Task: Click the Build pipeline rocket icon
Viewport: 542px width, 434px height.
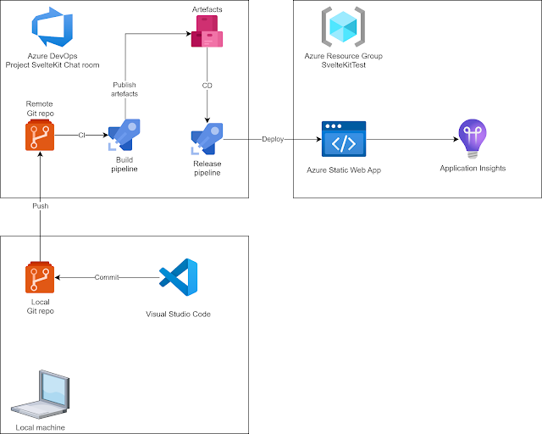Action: pos(124,135)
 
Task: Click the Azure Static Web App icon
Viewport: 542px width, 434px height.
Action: pos(343,141)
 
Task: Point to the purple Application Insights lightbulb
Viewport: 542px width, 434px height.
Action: pos(472,139)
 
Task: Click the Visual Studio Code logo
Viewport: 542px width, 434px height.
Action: pos(179,279)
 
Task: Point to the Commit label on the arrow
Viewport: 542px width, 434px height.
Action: pos(107,277)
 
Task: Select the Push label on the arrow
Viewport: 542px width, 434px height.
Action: pos(40,205)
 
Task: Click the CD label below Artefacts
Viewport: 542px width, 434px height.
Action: pos(207,86)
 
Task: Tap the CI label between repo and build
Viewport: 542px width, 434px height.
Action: pos(81,135)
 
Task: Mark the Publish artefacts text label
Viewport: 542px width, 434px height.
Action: pos(124,90)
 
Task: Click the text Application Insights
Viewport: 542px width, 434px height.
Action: pos(473,169)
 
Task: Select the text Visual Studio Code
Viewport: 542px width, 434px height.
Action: pos(179,314)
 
